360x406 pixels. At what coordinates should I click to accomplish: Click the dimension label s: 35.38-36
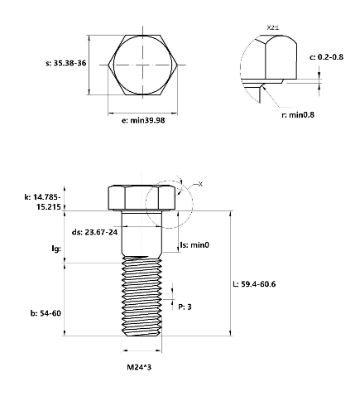pyautogui.click(x=66, y=63)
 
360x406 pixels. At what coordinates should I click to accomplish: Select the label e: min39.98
pyautogui.click(x=143, y=120)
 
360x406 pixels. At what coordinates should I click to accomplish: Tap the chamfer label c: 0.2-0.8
pyautogui.click(x=326, y=57)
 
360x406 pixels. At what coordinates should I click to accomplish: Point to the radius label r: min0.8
pyautogui.click(x=298, y=114)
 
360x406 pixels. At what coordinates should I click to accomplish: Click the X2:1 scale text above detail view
pyautogui.click(x=273, y=27)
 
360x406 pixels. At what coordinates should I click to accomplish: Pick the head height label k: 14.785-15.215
pyautogui.click(x=43, y=202)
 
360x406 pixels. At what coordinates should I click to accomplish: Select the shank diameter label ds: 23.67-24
pyautogui.click(x=94, y=232)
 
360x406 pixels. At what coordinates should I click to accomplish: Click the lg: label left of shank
pyautogui.click(x=56, y=249)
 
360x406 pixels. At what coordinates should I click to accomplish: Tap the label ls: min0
pyautogui.click(x=194, y=245)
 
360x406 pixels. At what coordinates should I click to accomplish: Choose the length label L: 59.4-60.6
pyautogui.click(x=254, y=284)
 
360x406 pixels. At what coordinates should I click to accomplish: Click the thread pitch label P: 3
pyautogui.click(x=185, y=307)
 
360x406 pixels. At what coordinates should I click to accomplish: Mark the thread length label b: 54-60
pyautogui.click(x=46, y=313)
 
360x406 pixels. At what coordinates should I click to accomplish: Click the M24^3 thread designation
pyautogui.click(x=139, y=367)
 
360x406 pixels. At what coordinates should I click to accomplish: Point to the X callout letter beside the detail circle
pyautogui.click(x=200, y=184)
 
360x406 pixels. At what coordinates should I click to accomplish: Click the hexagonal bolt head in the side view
pyautogui.click(x=142, y=198)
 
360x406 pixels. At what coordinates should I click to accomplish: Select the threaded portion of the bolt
pyautogui.click(x=142, y=296)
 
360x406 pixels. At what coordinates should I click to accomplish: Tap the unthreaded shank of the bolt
pyautogui.click(x=142, y=234)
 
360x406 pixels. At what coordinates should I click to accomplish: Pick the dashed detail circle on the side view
pyautogui.click(x=146, y=205)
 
